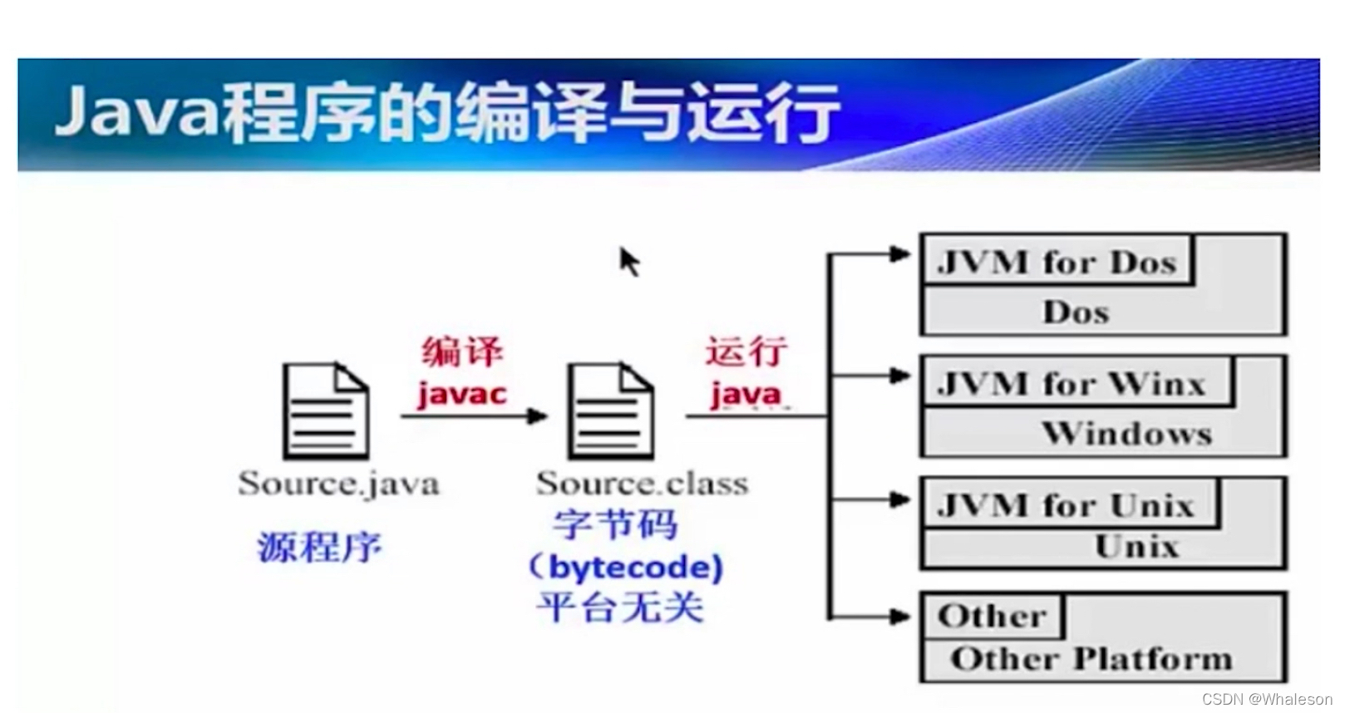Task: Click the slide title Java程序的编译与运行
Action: click(x=447, y=113)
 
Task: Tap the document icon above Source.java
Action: click(x=326, y=411)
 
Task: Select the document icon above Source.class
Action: click(x=611, y=411)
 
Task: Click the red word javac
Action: click(x=462, y=394)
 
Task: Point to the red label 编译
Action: click(x=462, y=352)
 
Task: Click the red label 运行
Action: click(x=746, y=352)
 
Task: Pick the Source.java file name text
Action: click(x=338, y=484)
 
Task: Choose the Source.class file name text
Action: click(x=642, y=484)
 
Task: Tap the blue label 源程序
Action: click(x=319, y=547)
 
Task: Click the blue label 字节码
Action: click(x=615, y=525)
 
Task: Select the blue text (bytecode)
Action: click(x=625, y=568)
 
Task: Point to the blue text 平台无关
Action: click(x=620, y=607)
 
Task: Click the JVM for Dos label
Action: click(x=1057, y=263)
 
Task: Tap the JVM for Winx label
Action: click(x=1072, y=384)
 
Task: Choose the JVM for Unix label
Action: click(x=1066, y=505)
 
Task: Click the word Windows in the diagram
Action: click(x=1126, y=434)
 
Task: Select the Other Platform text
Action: click(x=1091, y=659)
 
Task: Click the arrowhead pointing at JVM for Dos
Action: click(x=899, y=254)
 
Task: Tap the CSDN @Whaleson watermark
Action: click(x=1266, y=699)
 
